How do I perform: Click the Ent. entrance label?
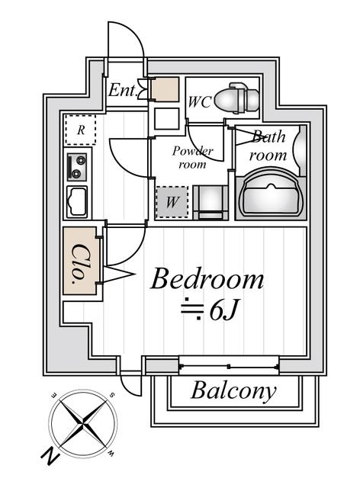122,91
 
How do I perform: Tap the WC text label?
200,100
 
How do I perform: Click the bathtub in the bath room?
272,194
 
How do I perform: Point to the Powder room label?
192,157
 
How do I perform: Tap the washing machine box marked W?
172,203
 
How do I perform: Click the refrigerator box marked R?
80,130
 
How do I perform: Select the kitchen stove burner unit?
78,165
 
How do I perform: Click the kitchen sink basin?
78,201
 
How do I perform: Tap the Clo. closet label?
80,261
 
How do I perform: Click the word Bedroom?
207,279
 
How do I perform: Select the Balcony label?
233,392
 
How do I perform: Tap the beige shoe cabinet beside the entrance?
164,91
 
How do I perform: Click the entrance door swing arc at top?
126,42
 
